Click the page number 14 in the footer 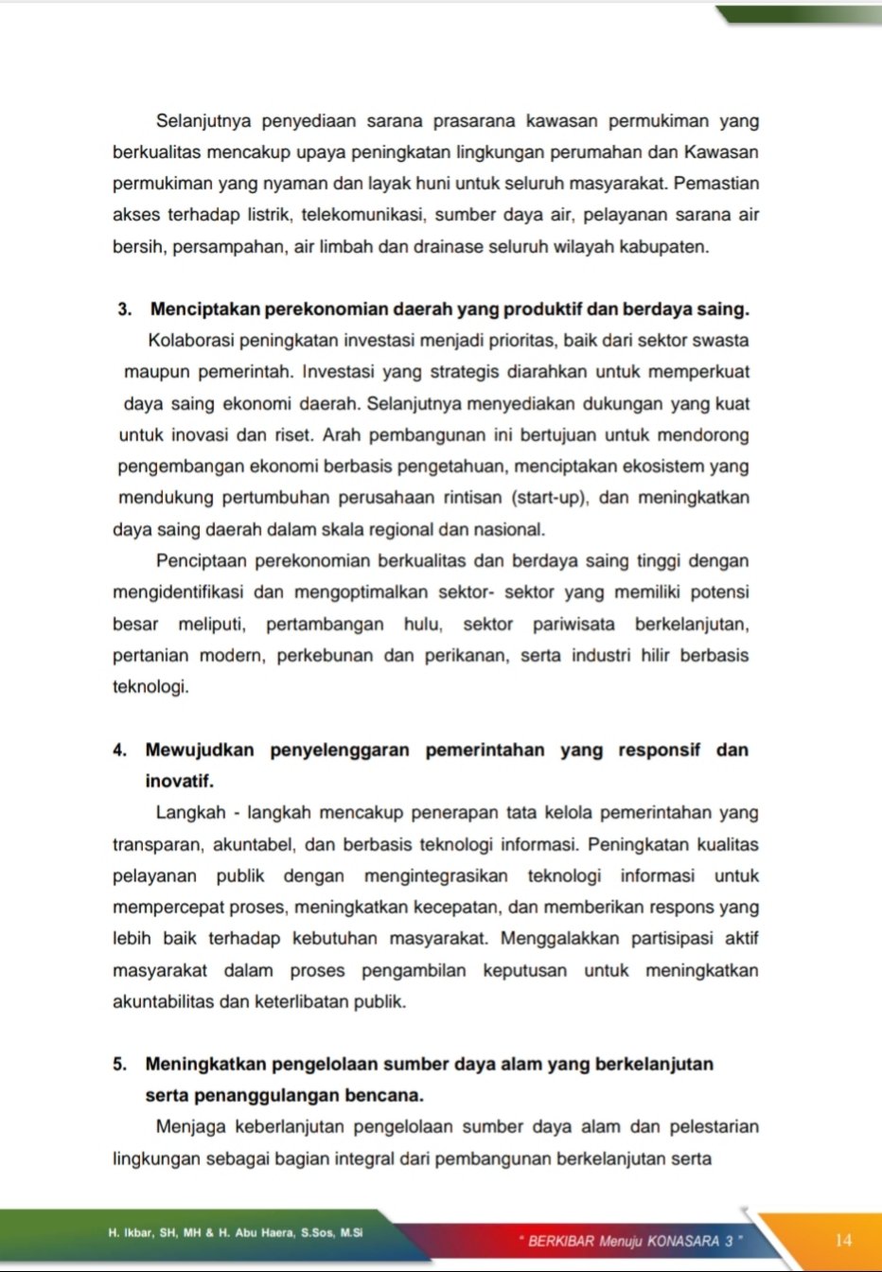pyautogui.click(x=843, y=1240)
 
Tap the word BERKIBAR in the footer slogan pyautogui.click(x=561, y=1241)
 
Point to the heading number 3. pyautogui.click(x=123, y=309)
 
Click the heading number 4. pyautogui.click(x=119, y=751)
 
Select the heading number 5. pyautogui.click(x=119, y=1064)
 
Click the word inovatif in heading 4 pyautogui.click(x=179, y=782)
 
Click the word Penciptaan pyautogui.click(x=200, y=561)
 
